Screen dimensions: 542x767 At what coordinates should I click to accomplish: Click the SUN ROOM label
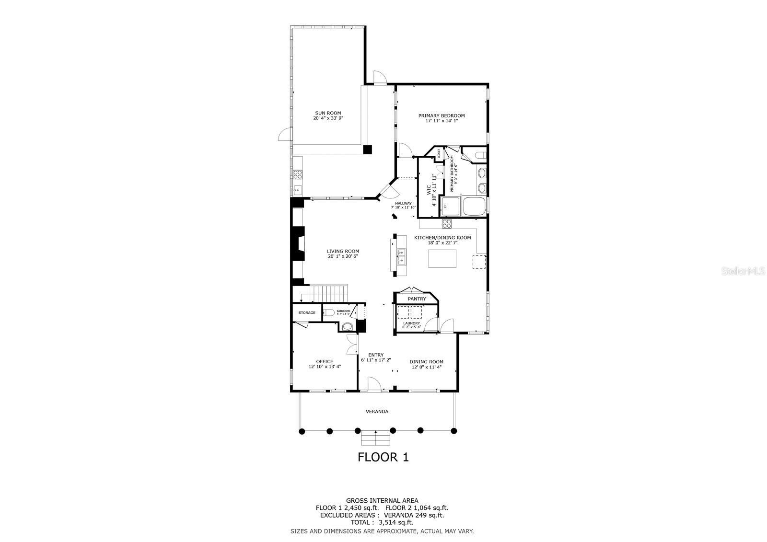(328, 113)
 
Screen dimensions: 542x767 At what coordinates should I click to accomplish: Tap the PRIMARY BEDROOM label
(441, 115)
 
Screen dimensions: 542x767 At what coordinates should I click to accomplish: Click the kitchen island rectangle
(442, 259)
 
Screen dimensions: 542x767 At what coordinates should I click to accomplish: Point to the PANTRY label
(417, 299)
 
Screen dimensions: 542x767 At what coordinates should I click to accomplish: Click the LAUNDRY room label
(411, 323)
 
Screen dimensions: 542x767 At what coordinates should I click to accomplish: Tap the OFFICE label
(324, 362)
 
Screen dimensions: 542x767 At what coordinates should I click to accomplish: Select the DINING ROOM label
(426, 362)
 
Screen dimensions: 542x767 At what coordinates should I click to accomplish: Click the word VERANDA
(377, 412)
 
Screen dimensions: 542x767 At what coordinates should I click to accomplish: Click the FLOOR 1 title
(383, 457)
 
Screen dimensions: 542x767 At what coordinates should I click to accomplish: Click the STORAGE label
(307, 313)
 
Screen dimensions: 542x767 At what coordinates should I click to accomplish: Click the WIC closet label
(429, 190)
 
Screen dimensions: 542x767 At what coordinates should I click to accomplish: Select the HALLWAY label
(403, 203)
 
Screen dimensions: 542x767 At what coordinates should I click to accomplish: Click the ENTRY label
(376, 355)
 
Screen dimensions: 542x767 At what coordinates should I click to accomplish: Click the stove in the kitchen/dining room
(446, 223)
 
